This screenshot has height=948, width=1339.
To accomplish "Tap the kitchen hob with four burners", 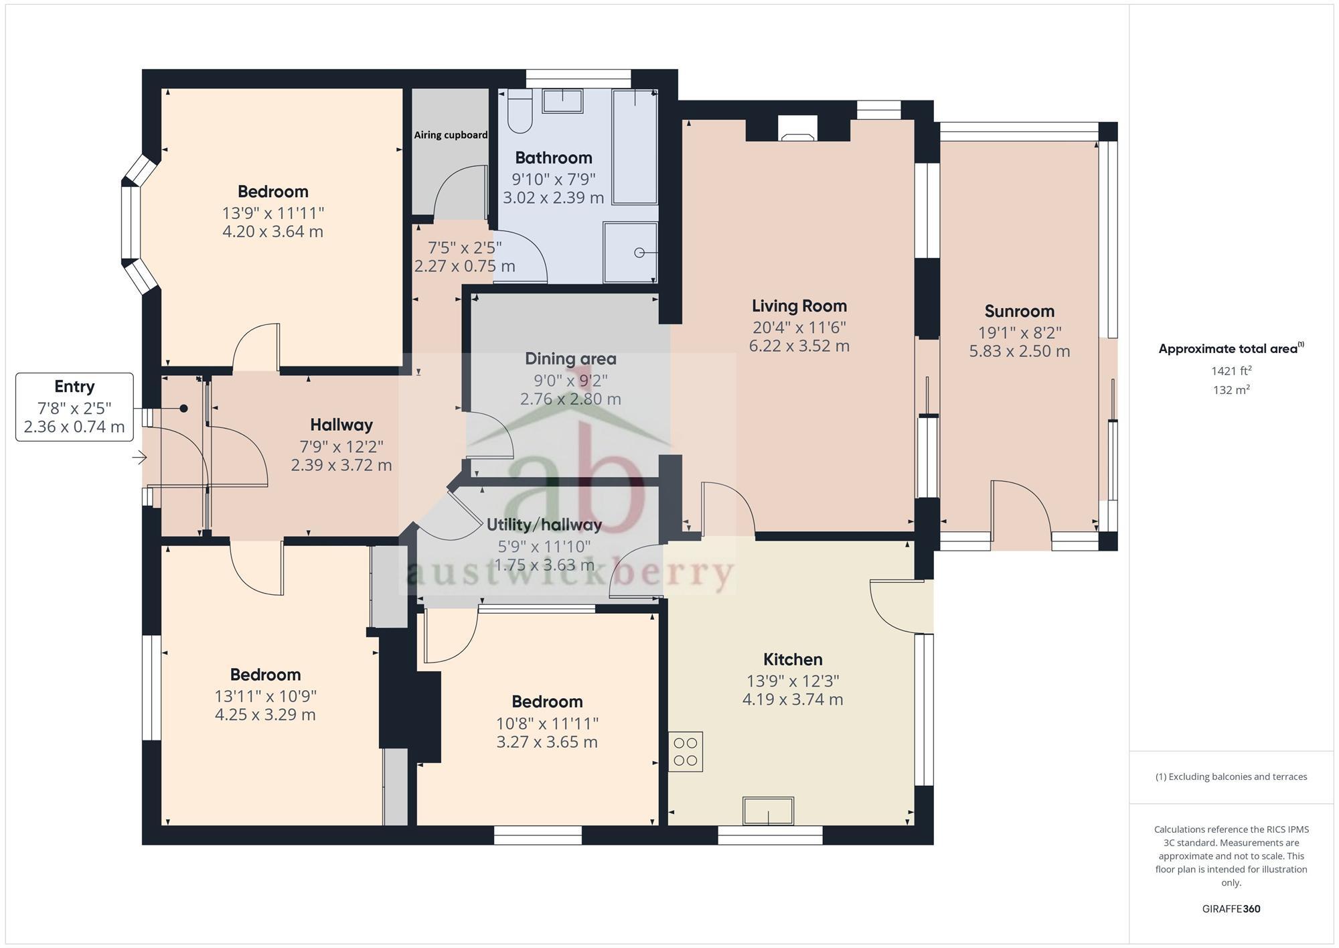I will [686, 752].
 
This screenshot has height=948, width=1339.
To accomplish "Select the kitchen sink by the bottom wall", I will [768, 811].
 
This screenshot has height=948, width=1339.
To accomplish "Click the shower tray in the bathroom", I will [630, 253].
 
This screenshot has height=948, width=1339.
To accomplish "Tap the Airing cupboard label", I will [451, 135].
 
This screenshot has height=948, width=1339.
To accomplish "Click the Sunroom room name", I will [1019, 311].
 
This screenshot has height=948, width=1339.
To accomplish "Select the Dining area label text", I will [570, 358].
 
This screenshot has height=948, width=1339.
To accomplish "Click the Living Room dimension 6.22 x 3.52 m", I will [799, 346].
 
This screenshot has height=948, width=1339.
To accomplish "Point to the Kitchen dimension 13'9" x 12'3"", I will [793, 681].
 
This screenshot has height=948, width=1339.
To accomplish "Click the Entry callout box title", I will [74, 387].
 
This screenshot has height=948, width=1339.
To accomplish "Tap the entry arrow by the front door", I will [139, 458].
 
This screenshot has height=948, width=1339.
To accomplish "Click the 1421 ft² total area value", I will [1231, 370].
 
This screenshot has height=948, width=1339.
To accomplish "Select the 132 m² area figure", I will [1231, 390].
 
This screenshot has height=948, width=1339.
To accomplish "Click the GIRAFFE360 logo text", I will [1231, 909].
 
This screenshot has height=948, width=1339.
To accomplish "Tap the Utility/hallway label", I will [544, 525].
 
